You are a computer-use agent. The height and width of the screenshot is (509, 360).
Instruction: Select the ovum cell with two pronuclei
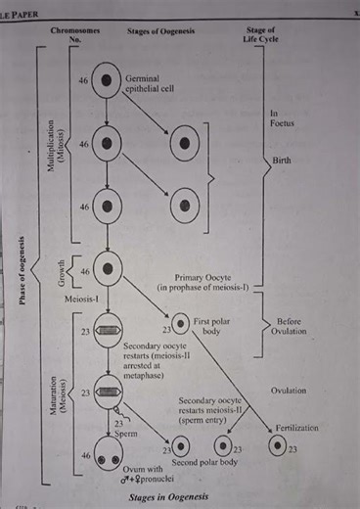[108, 453]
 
